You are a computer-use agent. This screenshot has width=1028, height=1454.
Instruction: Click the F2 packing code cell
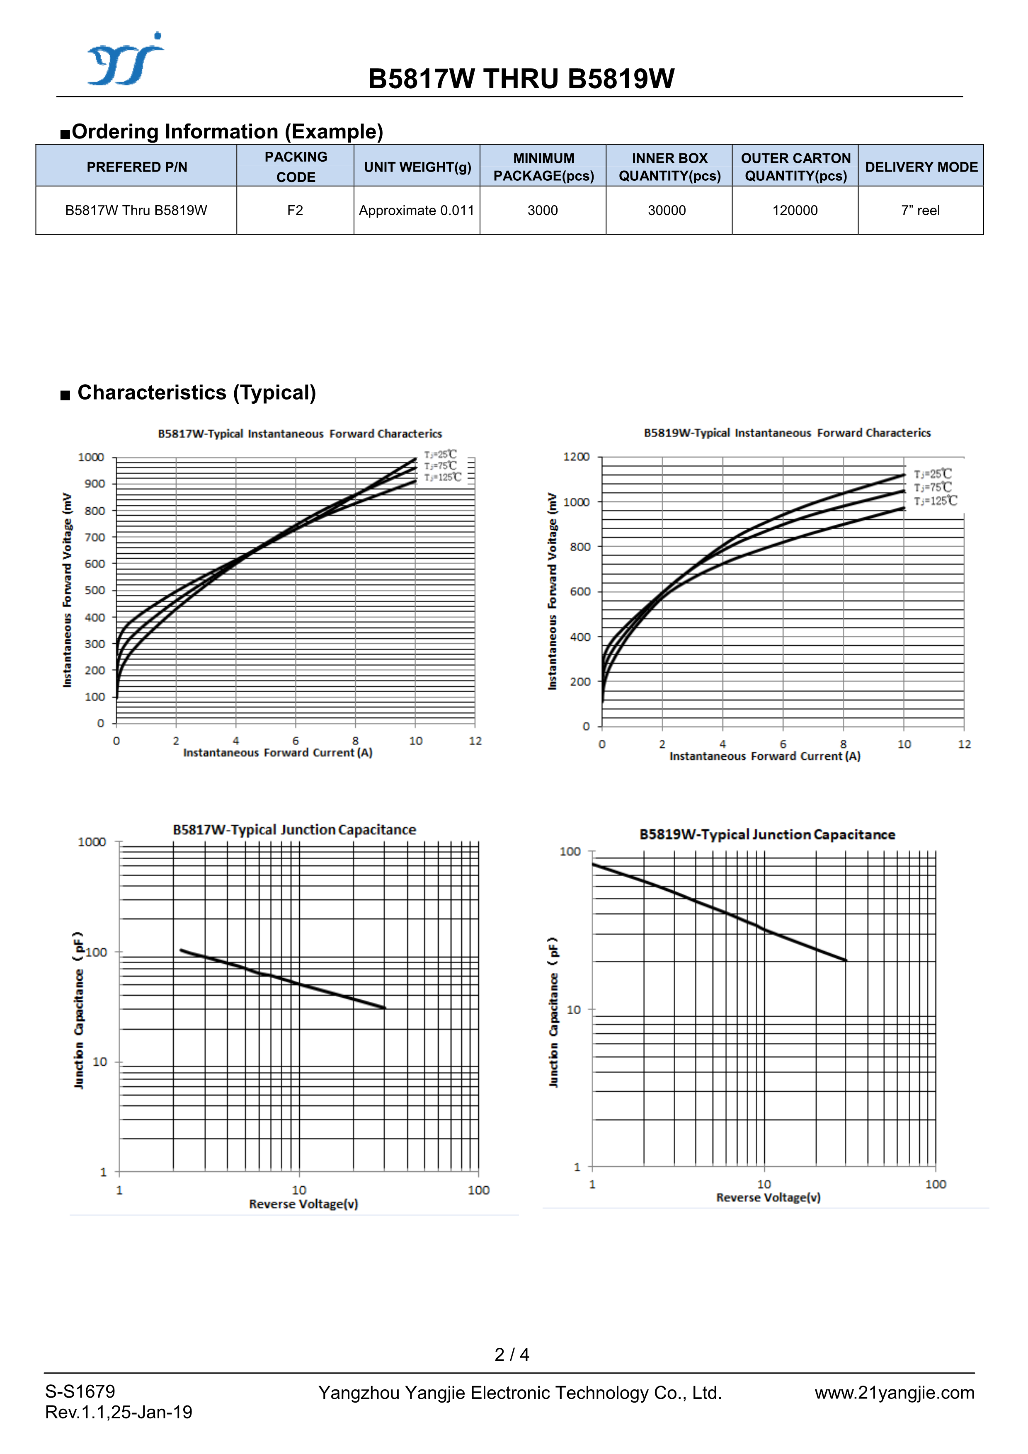[295, 210]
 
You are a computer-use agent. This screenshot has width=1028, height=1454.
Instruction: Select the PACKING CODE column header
[296, 167]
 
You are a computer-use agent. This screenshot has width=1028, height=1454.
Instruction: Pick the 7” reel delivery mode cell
[920, 210]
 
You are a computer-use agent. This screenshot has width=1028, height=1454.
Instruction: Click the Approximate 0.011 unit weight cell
[416, 210]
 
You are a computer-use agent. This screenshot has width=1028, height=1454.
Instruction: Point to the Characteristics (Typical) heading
[196, 393]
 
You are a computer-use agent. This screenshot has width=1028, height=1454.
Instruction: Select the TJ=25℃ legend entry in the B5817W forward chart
[440, 454]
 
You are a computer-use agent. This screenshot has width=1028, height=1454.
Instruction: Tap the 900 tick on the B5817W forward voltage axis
[95, 484]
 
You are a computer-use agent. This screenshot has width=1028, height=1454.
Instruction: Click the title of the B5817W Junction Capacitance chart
[295, 830]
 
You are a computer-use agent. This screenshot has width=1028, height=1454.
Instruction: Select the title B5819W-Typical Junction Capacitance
[767, 835]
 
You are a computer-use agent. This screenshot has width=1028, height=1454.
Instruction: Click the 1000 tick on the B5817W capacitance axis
[92, 842]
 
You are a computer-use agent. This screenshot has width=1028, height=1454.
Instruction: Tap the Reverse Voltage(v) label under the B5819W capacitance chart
[769, 1197]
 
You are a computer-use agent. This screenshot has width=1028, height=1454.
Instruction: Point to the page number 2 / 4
[512, 1354]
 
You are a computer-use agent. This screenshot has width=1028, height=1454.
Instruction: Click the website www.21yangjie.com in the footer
[894, 1393]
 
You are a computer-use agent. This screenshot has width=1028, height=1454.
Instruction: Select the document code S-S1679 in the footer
[80, 1391]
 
